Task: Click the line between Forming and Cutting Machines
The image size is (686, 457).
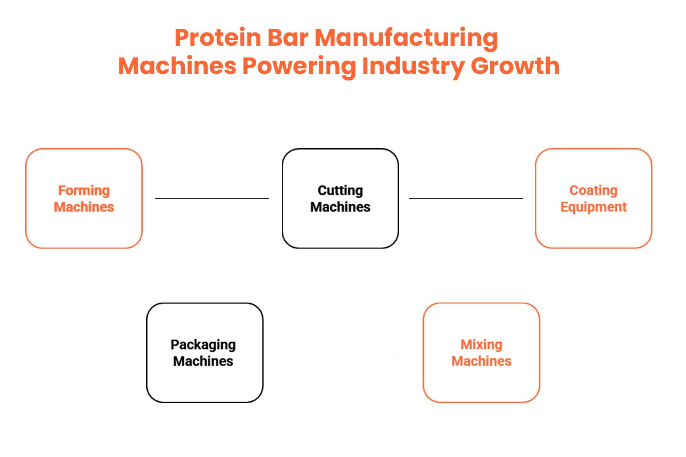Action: click(x=212, y=198)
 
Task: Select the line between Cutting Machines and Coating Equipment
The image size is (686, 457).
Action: click(x=466, y=198)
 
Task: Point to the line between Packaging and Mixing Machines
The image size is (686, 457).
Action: click(x=340, y=353)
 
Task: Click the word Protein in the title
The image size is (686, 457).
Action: click(x=218, y=37)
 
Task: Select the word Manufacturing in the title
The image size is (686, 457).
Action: click(x=406, y=37)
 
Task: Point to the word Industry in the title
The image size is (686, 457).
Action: click(x=413, y=66)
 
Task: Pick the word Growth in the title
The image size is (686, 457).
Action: click(x=515, y=66)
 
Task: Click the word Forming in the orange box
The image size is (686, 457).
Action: click(x=84, y=191)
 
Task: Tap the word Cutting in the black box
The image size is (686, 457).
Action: click(x=340, y=191)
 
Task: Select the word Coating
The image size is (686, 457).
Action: click(x=593, y=191)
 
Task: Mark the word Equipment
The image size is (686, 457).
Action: click(x=593, y=207)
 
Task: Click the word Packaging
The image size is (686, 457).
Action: click(x=203, y=345)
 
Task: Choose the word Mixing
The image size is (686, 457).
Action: click(x=481, y=345)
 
